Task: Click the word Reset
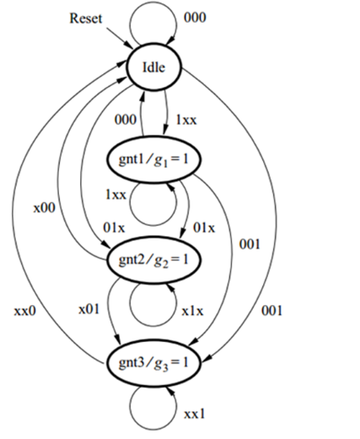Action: [x=86, y=19]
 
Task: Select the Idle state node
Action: [x=154, y=67]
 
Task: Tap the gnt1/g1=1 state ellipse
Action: [x=153, y=159]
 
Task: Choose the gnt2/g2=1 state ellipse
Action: [x=153, y=260]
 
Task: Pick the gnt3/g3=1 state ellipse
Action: [x=153, y=362]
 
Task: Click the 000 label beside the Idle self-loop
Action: [x=195, y=18]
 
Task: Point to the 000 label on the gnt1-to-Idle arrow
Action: [x=126, y=120]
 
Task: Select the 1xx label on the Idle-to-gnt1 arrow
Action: [x=186, y=120]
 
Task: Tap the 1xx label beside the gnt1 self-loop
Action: [x=116, y=195]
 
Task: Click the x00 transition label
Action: [x=45, y=208]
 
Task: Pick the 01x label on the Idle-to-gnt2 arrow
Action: [x=114, y=228]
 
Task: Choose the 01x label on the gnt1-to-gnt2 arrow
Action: [x=204, y=228]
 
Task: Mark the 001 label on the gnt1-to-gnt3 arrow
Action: [x=250, y=244]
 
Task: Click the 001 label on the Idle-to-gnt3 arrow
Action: [x=271, y=311]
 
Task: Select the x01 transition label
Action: [x=89, y=309]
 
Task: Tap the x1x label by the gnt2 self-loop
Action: [x=192, y=311]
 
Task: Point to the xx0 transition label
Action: [x=25, y=311]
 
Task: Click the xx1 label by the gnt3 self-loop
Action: [x=195, y=414]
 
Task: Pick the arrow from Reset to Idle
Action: [x=120, y=38]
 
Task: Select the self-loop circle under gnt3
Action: [x=153, y=430]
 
